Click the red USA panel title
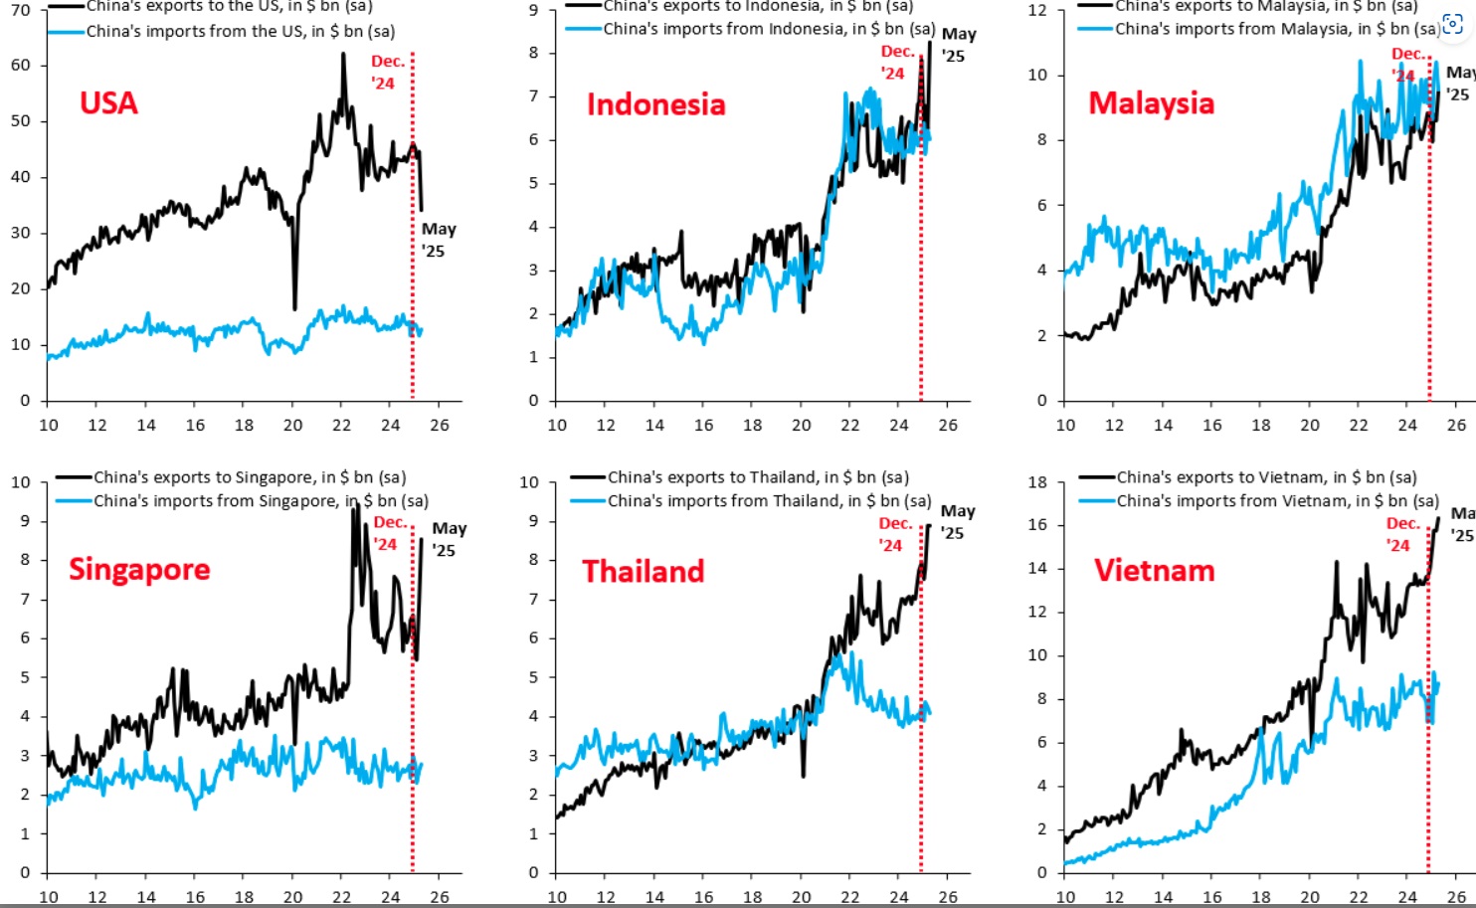[x=108, y=102]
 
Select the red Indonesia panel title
[x=655, y=104]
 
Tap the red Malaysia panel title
[x=1151, y=102]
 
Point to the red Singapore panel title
[x=139, y=569]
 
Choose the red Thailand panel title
[x=643, y=571]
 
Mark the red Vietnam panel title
[x=1154, y=570]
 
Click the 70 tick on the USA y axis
[x=21, y=10]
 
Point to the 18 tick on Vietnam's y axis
[x=1037, y=482]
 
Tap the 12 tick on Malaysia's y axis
[x=1037, y=10]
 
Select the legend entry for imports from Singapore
[x=261, y=501]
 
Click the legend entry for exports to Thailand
[x=757, y=477]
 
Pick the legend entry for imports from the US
[x=240, y=31]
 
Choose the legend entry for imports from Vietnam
[x=1276, y=500]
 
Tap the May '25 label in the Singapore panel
[x=448, y=539]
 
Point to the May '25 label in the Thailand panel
[x=957, y=521]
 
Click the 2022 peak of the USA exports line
[x=343, y=55]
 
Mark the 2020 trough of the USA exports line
[x=294, y=308]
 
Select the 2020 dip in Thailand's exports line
[x=803, y=775]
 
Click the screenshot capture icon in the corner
[x=1452, y=26]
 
